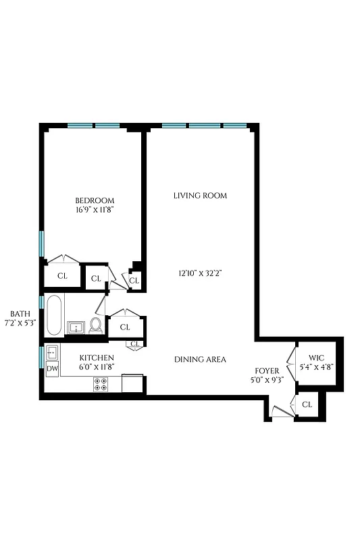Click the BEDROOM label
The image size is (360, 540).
94,200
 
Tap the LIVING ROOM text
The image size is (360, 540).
200,196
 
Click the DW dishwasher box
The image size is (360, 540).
52,369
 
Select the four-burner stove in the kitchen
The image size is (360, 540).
101,384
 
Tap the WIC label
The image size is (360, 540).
317,357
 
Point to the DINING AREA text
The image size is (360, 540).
200,360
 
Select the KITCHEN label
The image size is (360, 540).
97,357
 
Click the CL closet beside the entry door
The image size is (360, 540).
307,404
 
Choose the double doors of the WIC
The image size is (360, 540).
292,364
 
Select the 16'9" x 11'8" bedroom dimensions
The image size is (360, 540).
94,211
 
